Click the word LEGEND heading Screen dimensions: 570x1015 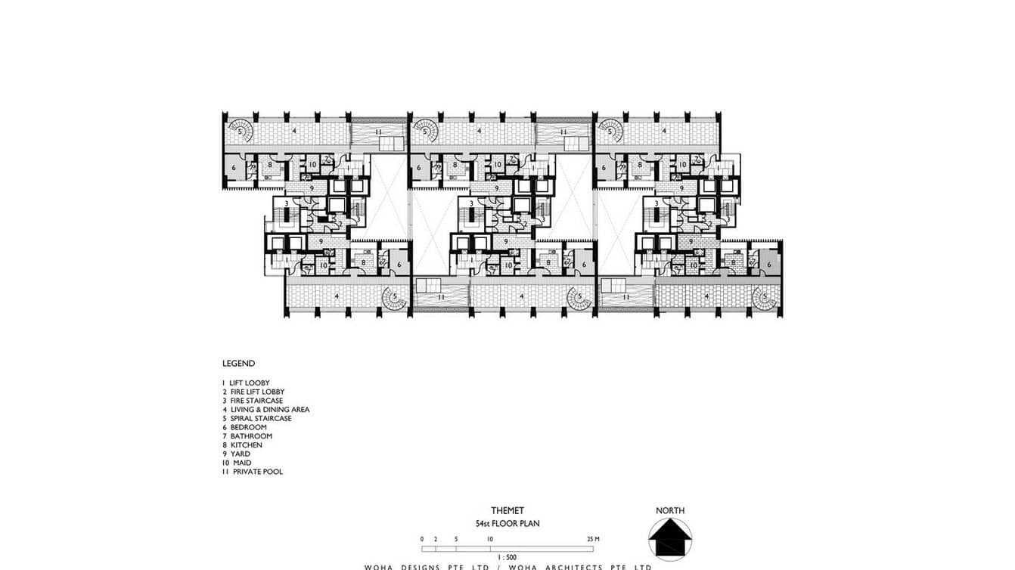pos(238,364)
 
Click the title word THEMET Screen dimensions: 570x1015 pos(507,511)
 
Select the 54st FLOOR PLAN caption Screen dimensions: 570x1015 pos(507,523)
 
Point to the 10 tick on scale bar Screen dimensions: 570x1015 pos(491,539)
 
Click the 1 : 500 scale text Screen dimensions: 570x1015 pos(507,556)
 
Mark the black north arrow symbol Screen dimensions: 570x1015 pos(670,540)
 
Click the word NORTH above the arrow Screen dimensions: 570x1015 pos(670,511)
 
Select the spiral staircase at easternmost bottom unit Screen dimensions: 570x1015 pos(765,296)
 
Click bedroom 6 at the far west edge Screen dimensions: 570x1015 pos(234,168)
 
